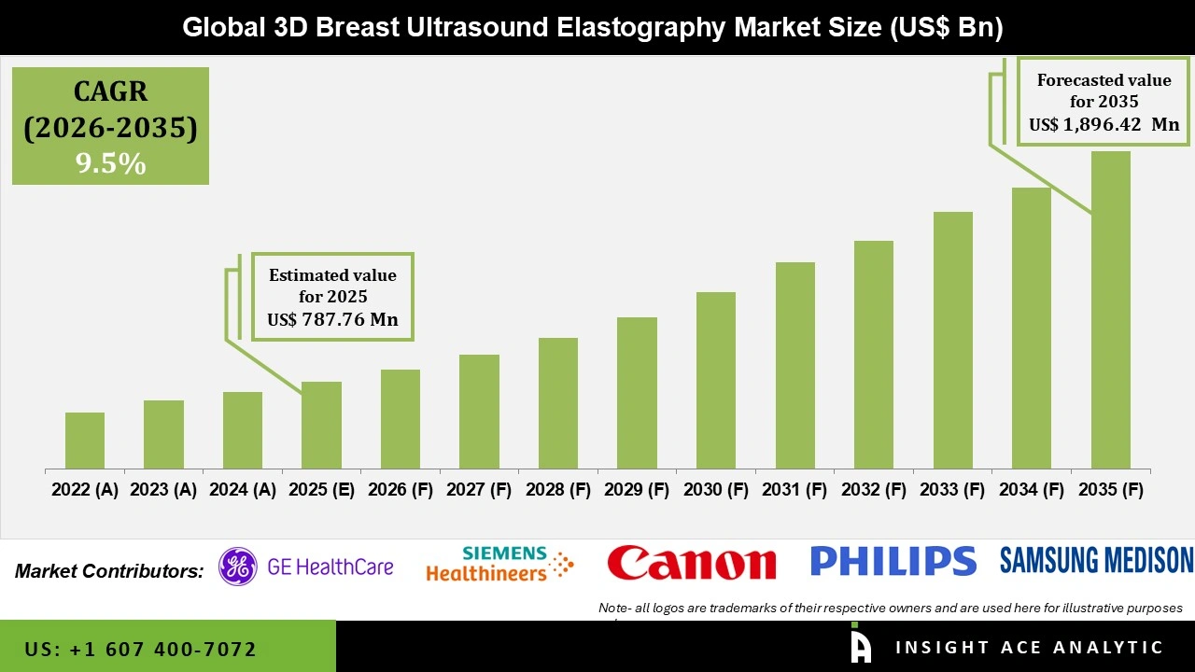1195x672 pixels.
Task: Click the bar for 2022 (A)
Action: [x=85, y=441]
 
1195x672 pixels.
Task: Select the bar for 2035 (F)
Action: [x=1110, y=310]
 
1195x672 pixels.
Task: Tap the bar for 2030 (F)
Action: [x=715, y=380]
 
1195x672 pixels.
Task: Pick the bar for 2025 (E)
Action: [x=321, y=425]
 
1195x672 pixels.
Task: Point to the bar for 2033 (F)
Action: [x=952, y=340]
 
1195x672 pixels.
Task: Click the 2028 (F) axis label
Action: [x=558, y=490]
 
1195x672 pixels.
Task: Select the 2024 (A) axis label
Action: [x=243, y=490]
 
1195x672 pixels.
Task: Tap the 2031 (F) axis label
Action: [x=794, y=490]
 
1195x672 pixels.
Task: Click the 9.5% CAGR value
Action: [x=110, y=164]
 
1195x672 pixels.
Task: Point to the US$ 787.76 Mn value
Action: [x=332, y=320]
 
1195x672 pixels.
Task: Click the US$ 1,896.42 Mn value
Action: [x=1104, y=124]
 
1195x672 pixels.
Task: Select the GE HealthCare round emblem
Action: [x=238, y=567]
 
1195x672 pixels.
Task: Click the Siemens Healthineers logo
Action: [x=499, y=565]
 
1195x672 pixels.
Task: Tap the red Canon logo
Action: [x=691, y=563]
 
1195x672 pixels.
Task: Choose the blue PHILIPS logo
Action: [x=893, y=561]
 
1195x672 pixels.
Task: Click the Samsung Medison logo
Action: [x=1096, y=560]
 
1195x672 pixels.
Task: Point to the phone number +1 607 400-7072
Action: [x=140, y=649]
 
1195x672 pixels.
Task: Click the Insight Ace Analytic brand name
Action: [x=1029, y=648]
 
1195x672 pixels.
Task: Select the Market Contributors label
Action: [x=109, y=570]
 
